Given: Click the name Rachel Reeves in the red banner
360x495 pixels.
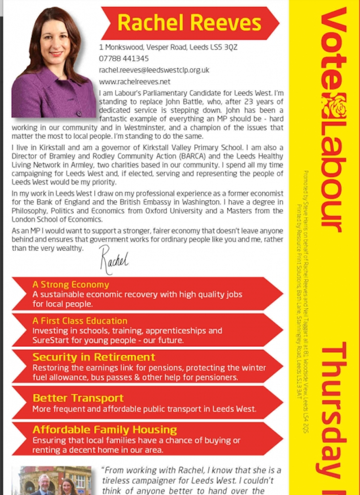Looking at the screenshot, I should (189, 23).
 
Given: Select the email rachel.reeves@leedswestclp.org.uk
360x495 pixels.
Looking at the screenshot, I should (154, 70).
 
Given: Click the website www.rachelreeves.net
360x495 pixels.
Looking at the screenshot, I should (135, 82).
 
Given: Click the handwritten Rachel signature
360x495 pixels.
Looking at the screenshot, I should (114, 259).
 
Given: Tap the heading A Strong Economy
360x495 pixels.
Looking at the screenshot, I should (71, 285).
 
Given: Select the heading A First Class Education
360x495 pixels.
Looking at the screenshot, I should (80, 321).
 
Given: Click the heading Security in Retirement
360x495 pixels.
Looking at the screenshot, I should (94, 357).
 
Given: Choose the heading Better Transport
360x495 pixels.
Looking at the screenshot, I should (78, 398).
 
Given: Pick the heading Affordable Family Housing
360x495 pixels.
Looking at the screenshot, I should (105, 430).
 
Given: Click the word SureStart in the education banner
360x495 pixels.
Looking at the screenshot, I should (50, 340).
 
